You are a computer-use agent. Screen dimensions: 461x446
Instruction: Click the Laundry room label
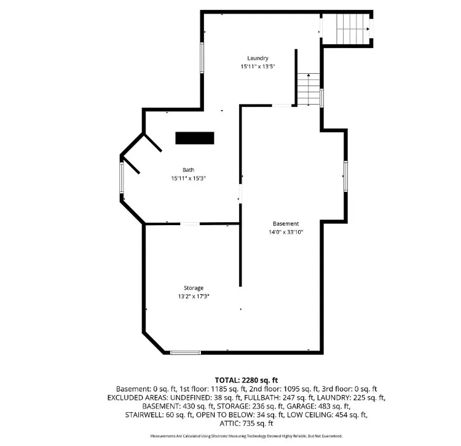(x=258, y=58)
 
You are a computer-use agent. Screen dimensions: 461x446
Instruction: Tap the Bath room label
(x=189, y=170)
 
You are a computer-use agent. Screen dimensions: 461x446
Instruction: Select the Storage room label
(x=194, y=288)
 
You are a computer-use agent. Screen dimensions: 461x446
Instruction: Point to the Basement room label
(x=286, y=223)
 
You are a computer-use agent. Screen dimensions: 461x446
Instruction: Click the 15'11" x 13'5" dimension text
(x=258, y=66)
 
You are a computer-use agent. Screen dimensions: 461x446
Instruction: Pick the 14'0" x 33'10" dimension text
(x=286, y=232)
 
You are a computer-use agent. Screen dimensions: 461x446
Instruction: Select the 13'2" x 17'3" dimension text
(x=194, y=297)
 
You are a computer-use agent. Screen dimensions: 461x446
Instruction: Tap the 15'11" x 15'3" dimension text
(x=189, y=178)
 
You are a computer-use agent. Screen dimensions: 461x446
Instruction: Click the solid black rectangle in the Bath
(x=195, y=138)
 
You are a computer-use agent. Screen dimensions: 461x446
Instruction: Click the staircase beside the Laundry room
(x=309, y=89)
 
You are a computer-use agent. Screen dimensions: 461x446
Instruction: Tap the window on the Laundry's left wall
(x=202, y=58)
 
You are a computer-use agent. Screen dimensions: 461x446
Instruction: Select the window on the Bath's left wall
(x=122, y=178)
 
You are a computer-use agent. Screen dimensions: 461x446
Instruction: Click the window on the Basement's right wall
(x=345, y=176)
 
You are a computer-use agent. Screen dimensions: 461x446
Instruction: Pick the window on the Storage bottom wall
(x=186, y=352)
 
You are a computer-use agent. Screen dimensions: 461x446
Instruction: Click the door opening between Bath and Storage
(x=190, y=224)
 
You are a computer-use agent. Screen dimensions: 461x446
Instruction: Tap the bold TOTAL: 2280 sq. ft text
(x=246, y=380)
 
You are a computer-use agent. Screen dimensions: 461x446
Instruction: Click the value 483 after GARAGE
(x=325, y=406)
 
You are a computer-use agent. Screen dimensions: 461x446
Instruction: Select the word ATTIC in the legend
(x=230, y=424)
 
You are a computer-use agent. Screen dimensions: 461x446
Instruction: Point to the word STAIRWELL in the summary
(x=143, y=415)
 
